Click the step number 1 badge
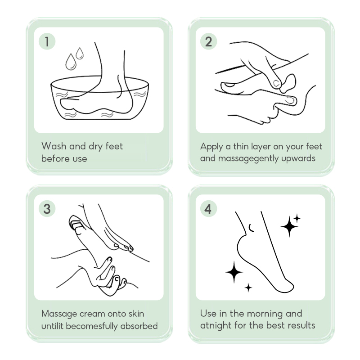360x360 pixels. (47, 41)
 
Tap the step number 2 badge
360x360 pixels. (208, 41)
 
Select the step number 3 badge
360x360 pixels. (47, 209)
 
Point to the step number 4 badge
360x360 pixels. (208, 209)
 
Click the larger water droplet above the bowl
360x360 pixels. (71, 62)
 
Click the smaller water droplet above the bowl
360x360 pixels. (80, 53)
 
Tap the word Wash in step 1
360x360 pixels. (54, 146)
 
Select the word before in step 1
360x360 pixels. (54, 158)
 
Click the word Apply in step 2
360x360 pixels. (211, 147)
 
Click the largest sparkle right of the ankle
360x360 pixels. (289, 226)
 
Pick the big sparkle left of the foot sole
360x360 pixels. (234, 272)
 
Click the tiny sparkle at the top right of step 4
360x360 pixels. (297, 218)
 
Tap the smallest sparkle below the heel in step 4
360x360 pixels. (248, 288)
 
